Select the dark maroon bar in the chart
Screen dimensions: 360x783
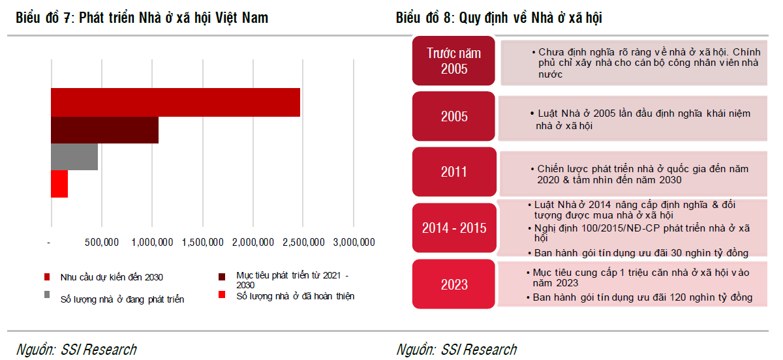click(x=104, y=130)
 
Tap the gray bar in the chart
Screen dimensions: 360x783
click(x=74, y=157)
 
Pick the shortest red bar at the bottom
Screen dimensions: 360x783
click(x=59, y=184)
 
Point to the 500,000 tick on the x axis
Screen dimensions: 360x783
click(x=102, y=243)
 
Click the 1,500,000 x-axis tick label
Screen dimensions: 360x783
click(x=203, y=243)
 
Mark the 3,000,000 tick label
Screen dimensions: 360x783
click(x=354, y=243)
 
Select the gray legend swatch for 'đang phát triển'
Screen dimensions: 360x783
click(x=47, y=295)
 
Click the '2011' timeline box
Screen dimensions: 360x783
click(x=454, y=172)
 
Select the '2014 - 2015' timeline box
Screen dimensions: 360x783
click(x=454, y=228)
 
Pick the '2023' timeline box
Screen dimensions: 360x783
click(x=454, y=284)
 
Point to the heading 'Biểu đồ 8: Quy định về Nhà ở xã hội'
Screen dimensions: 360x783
click(x=499, y=18)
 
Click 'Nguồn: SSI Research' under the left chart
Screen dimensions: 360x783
click(x=76, y=350)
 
